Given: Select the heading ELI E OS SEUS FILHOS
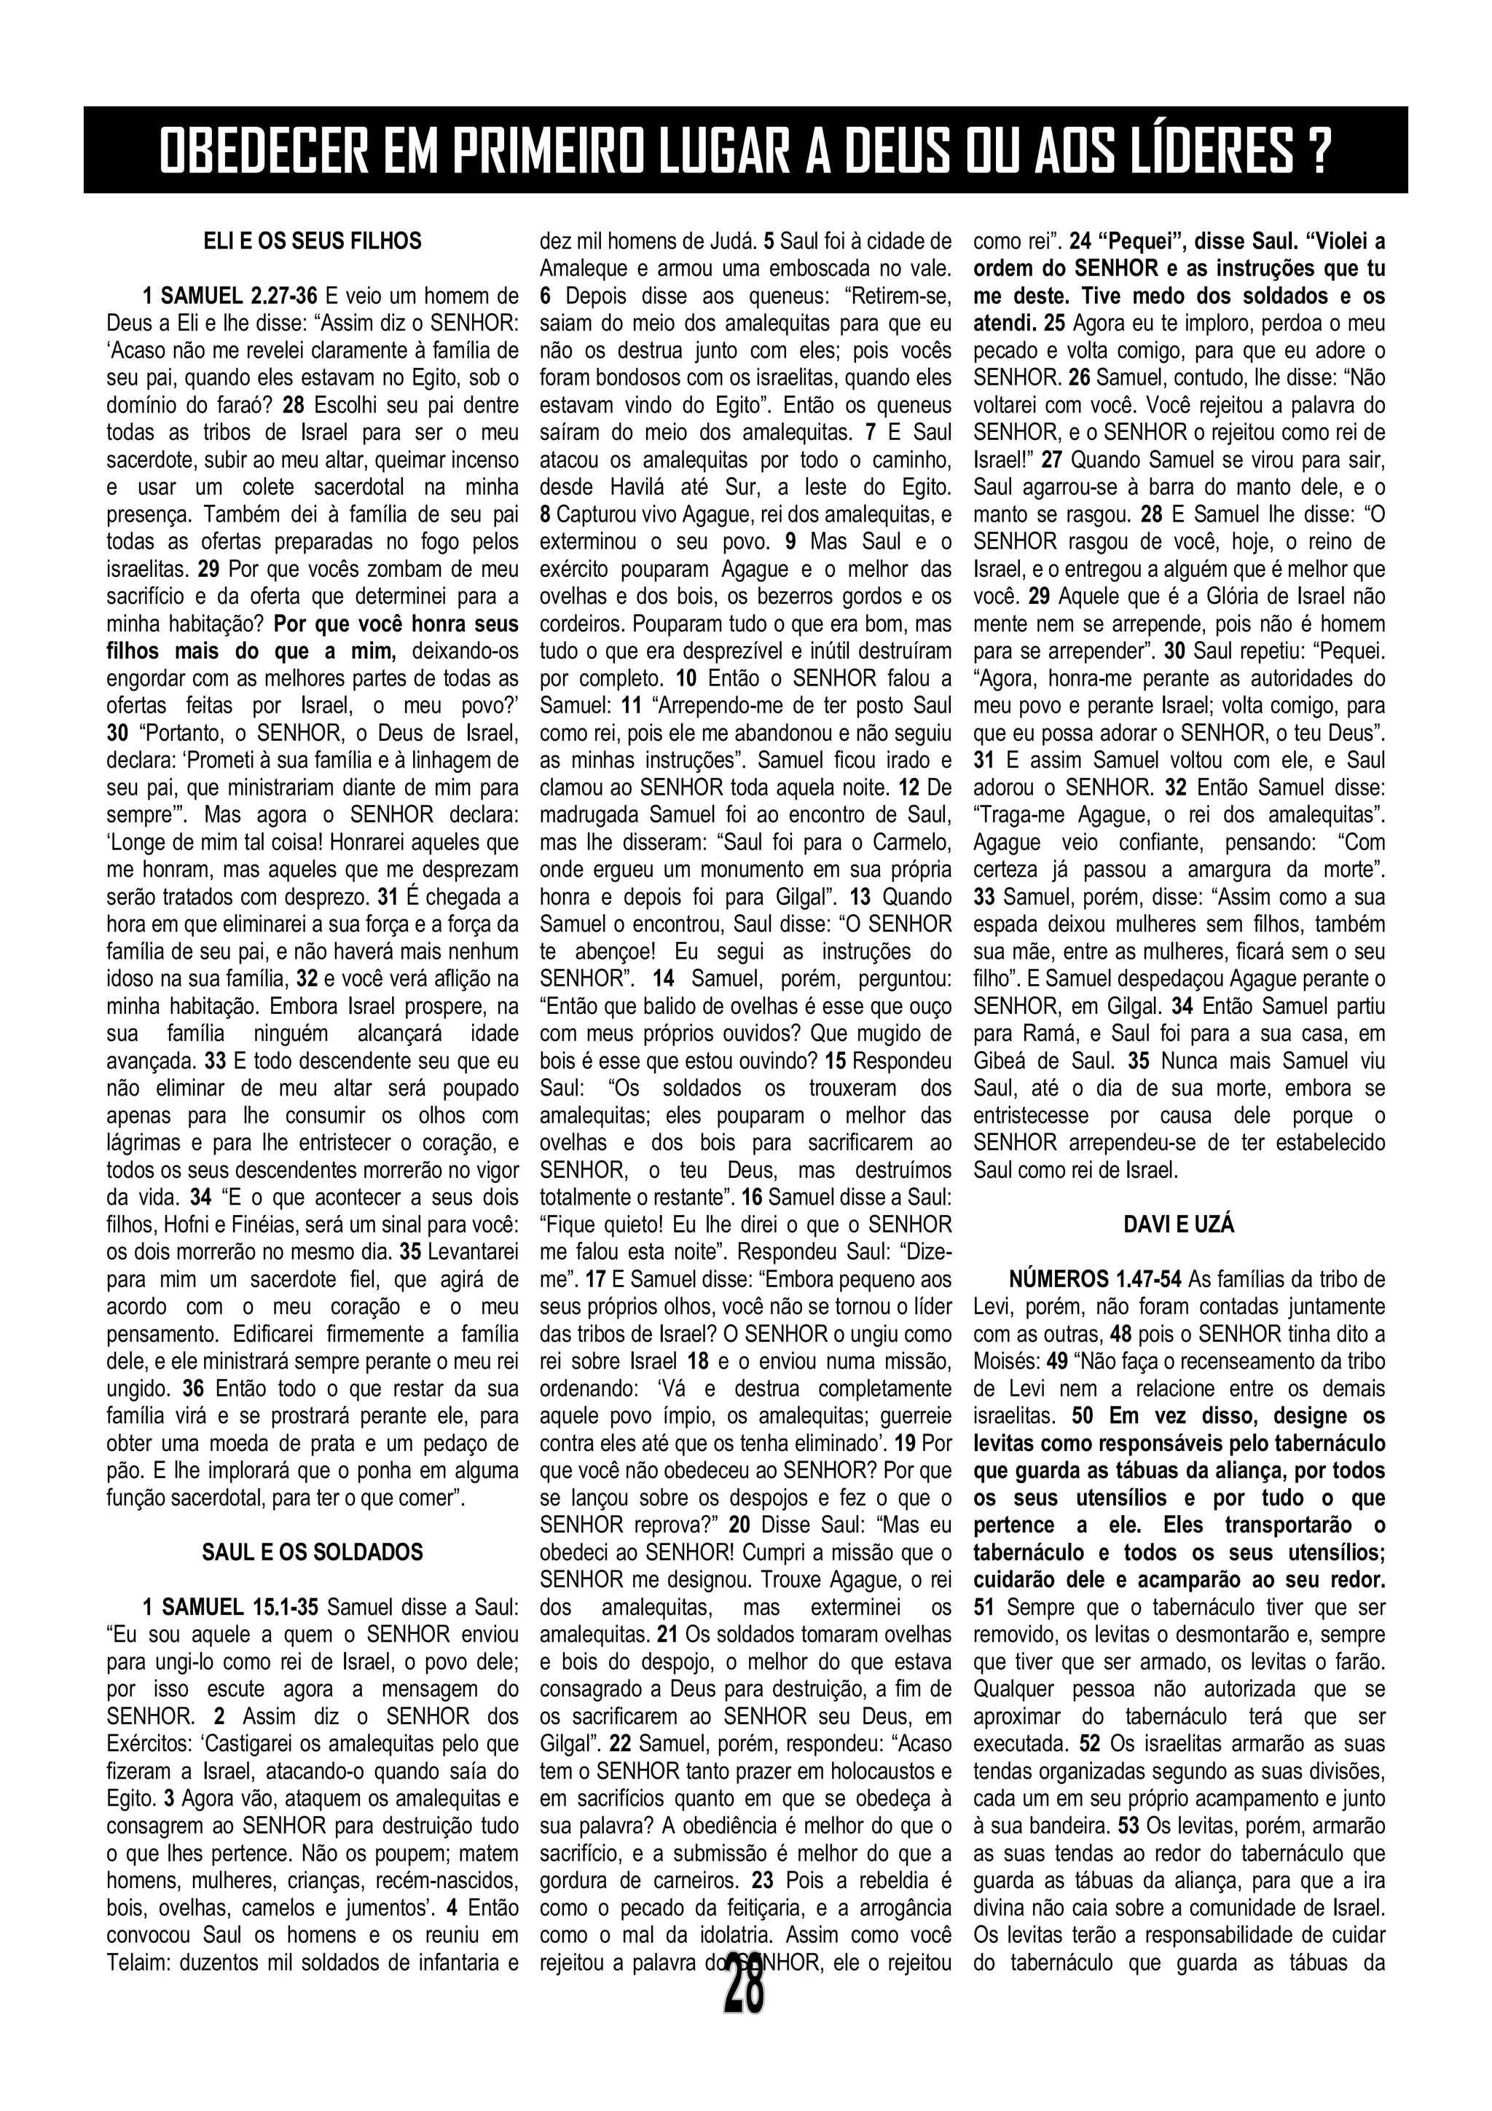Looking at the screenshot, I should click(x=312, y=241).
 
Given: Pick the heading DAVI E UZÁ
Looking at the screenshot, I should click(x=1179, y=1224).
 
